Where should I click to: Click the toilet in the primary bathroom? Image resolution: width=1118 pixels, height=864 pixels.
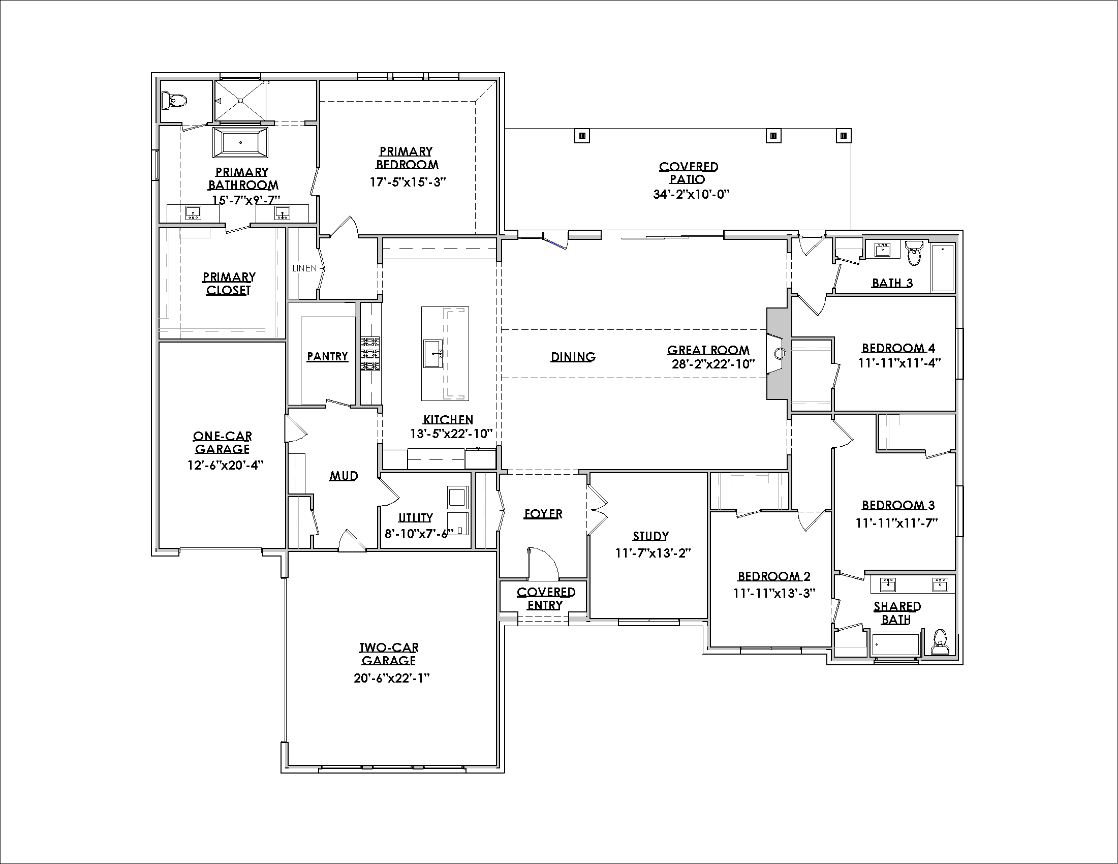(171, 100)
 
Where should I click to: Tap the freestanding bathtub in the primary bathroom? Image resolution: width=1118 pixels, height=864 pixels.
(240, 142)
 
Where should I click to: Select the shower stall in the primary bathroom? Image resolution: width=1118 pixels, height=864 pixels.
(240, 101)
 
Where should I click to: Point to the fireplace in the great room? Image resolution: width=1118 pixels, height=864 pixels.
(778, 353)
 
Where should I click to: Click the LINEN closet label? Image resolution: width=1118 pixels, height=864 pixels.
(304, 268)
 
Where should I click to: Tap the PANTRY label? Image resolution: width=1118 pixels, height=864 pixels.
(328, 356)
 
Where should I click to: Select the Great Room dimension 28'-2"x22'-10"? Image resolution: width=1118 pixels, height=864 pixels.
(713, 364)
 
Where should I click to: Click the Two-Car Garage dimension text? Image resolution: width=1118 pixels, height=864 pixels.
(391, 678)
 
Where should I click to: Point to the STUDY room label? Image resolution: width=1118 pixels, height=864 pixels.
(650, 536)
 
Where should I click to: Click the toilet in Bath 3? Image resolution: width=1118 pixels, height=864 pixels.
(914, 253)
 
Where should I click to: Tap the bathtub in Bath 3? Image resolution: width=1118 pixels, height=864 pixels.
(942, 268)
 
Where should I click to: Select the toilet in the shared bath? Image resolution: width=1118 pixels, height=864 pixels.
(940, 641)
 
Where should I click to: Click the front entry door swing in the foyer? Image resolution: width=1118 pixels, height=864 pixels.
(543, 563)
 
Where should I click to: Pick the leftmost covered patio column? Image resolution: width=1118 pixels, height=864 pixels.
(582, 136)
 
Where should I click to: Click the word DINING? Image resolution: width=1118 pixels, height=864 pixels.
(573, 357)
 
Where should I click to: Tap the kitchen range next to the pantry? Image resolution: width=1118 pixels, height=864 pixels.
(370, 353)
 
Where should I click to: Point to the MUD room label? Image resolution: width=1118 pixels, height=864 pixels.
(344, 476)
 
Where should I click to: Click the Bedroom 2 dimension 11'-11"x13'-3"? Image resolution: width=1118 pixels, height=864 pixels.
(774, 593)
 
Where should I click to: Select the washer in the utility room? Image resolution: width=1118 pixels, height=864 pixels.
(457, 496)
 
